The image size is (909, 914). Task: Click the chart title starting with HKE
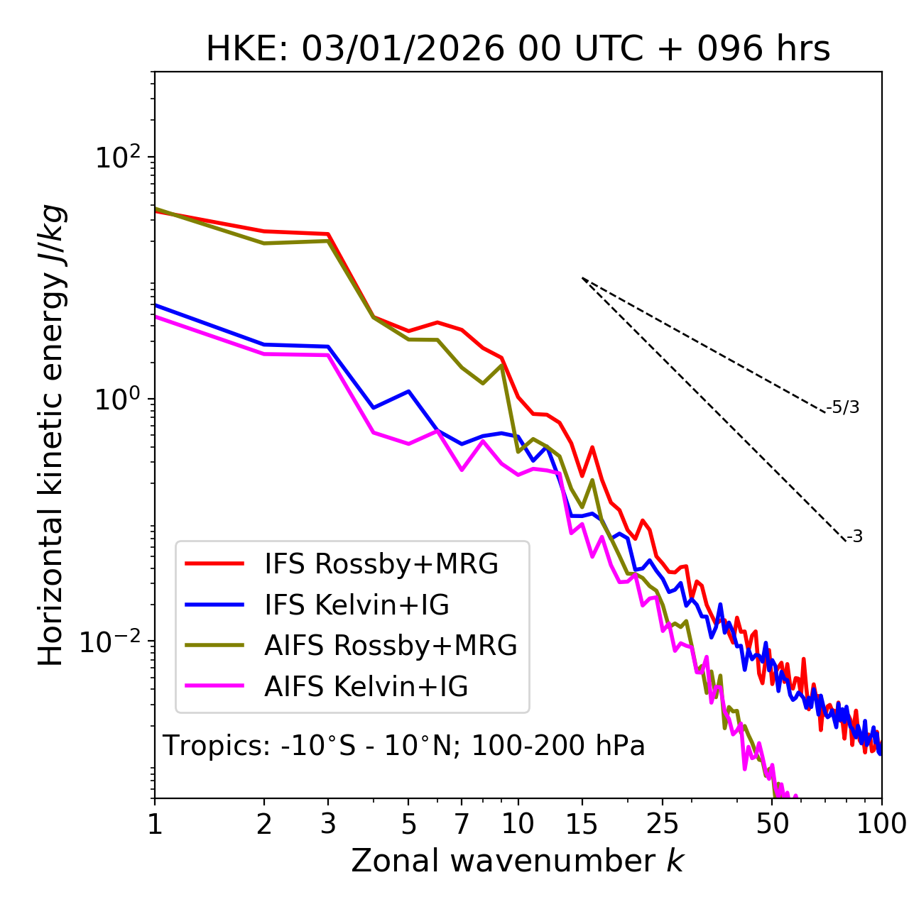tap(518, 49)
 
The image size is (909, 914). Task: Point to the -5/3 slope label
tap(843, 407)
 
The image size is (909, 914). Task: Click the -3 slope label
tap(854, 536)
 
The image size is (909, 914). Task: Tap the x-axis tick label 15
tap(582, 824)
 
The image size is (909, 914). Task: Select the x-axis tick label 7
tap(462, 824)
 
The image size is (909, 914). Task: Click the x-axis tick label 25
tap(663, 824)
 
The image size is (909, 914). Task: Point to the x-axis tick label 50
tap(773, 824)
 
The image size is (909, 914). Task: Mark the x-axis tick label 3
tap(328, 824)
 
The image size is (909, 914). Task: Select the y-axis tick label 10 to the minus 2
tap(114, 642)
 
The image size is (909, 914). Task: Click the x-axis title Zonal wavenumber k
tap(518, 861)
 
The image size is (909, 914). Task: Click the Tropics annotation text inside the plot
tap(404, 746)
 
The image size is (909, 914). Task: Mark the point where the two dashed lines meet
tap(582, 278)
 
